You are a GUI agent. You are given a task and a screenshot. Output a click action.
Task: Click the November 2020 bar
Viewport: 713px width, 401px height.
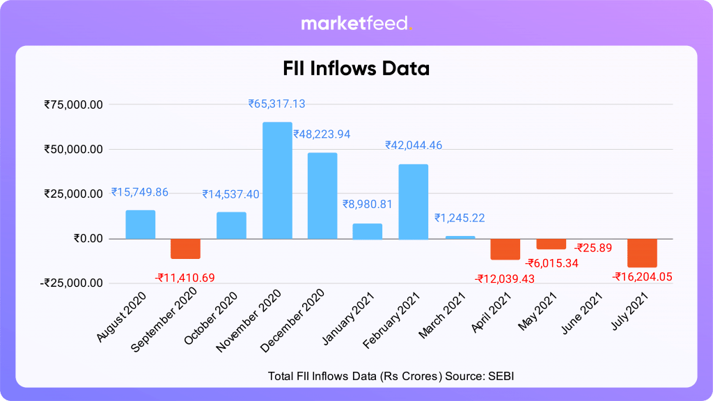pos(276,180)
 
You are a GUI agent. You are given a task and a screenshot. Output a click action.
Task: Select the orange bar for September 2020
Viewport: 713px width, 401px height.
pos(186,249)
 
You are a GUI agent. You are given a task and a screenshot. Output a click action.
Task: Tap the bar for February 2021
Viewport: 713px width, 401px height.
pos(413,202)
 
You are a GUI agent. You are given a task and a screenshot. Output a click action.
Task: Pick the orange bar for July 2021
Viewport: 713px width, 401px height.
pos(641,253)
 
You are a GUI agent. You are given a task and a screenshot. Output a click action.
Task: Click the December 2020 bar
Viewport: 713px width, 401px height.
pos(322,196)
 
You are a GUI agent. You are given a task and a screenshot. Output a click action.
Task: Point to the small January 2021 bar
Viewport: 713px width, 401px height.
pos(367,231)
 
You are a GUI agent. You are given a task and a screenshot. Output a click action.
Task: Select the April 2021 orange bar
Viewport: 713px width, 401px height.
pos(505,249)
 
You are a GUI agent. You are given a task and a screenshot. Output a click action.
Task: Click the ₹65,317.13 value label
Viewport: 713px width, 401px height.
pos(276,104)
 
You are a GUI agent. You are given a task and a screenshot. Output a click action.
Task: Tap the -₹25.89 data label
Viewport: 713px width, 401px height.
pos(592,247)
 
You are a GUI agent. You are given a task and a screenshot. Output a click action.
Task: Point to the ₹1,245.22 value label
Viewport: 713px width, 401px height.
pos(460,218)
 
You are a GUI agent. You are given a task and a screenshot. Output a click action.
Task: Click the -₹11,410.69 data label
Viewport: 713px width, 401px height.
pos(185,278)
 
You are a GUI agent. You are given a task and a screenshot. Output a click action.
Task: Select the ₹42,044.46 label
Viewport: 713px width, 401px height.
pos(414,145)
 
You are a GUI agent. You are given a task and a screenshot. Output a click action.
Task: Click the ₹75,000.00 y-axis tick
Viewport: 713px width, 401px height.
pos(74,104)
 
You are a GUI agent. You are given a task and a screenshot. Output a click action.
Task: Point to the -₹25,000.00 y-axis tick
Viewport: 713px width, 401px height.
pos(72,283)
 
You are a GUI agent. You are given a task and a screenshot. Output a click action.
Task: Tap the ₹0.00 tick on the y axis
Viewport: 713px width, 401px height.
pos(88,238)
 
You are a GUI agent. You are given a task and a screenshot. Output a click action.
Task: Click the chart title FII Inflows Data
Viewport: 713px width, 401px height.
pos(356,69)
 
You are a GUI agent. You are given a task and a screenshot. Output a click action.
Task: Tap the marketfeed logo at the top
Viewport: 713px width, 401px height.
pos(356,24)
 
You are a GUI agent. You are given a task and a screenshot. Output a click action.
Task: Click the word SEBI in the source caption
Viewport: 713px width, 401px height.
pos(500,375)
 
